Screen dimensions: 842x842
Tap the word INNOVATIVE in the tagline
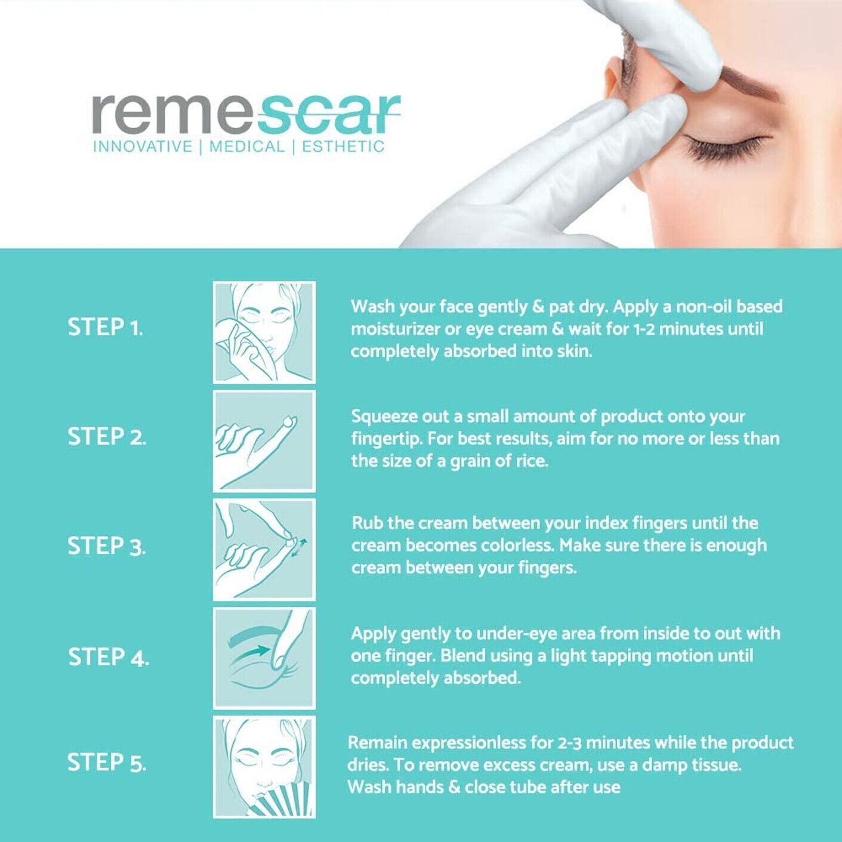tap(142, 147)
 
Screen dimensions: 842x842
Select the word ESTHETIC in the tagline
tap(343, 147)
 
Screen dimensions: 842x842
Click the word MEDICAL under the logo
tap(246, 147)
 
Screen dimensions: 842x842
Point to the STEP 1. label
tap(105, 328)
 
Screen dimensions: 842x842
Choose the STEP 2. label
tap(106, 437)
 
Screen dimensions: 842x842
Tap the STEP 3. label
tap(106, 547)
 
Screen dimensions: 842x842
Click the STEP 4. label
tap(108, 657)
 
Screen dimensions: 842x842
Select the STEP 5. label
tap(106, 763)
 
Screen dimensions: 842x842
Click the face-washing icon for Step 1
tap(264, 332)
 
